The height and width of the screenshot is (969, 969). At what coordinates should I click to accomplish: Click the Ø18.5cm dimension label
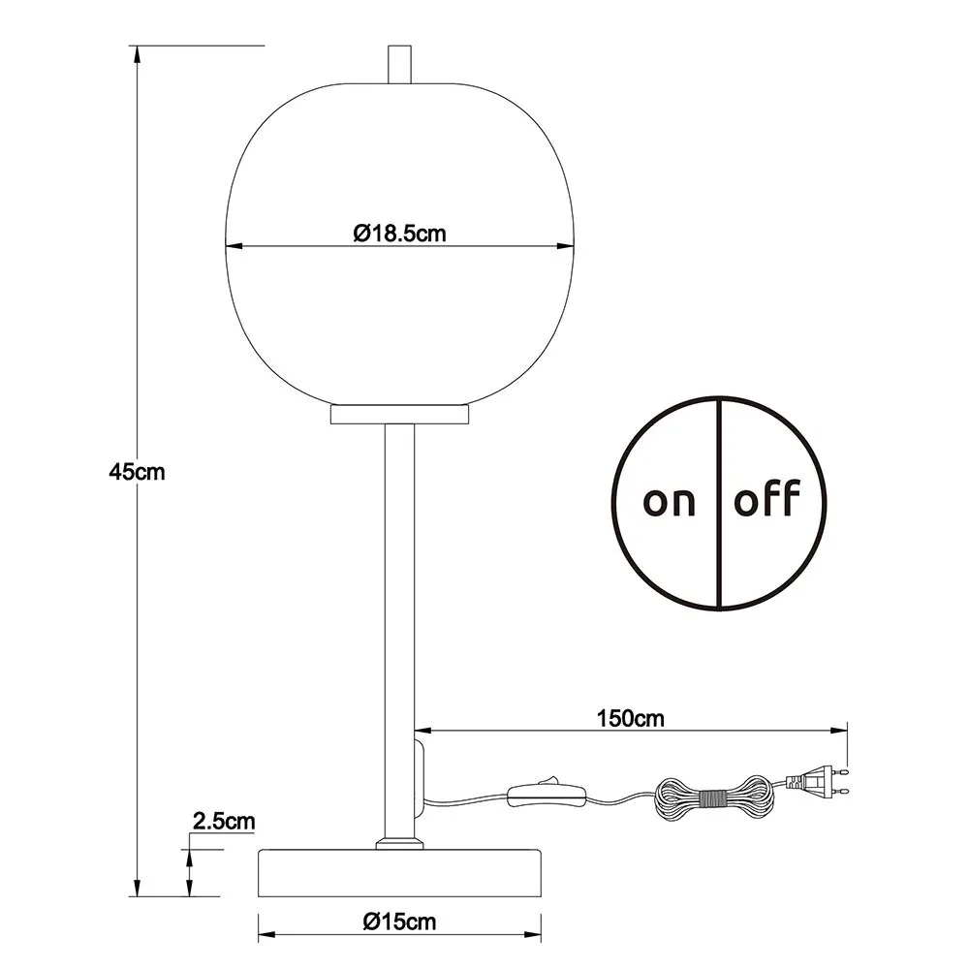click(399, 233)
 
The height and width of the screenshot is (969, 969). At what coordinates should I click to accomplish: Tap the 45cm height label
click(137, 473)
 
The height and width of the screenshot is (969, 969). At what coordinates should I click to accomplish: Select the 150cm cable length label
click(630, 719)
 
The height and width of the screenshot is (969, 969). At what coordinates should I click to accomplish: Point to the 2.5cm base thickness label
click(224, 822)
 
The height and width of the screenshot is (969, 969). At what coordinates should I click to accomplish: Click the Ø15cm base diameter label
click(400, 922)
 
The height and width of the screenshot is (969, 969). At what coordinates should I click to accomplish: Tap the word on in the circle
click(670, 501)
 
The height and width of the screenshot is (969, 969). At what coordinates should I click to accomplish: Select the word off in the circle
click(767, 501)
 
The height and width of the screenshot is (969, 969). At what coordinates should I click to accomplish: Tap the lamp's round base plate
click(400, 873)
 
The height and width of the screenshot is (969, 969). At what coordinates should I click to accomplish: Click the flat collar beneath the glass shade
click(399, 415)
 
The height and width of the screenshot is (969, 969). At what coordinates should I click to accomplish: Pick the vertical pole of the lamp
click(399, 581)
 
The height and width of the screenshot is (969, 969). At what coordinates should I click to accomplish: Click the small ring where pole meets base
click(399, 844)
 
